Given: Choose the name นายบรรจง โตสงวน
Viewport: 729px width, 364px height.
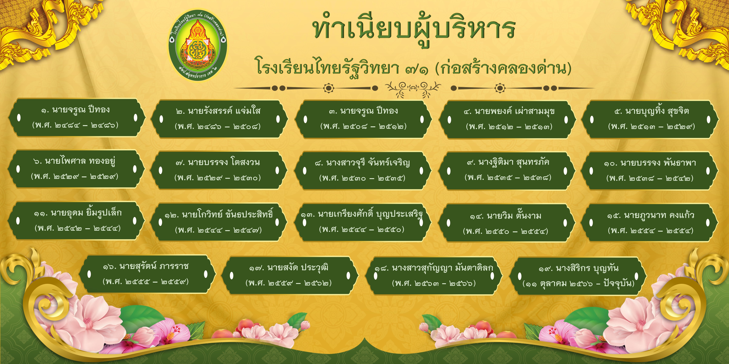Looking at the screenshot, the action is [x=224, y=162].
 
